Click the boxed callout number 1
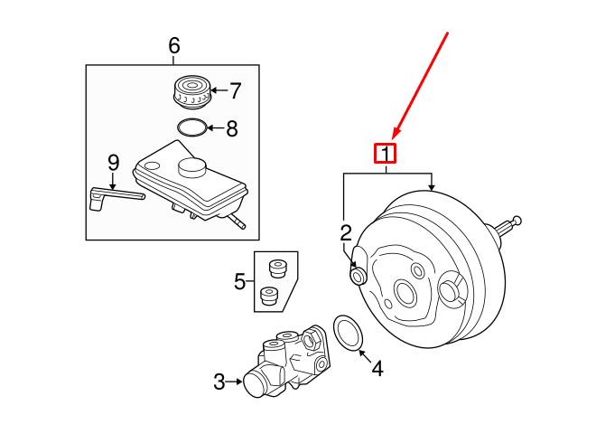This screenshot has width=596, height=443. (x=386, y=154)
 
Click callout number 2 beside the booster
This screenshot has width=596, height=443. (x=345, y=233)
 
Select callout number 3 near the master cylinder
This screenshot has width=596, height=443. (x=219, y=382)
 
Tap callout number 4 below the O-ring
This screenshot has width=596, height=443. (x=377, y=368)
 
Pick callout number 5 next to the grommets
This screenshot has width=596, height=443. (x=240, y=282)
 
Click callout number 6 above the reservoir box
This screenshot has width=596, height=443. (x=174, y=45)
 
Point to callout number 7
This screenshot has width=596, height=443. (x=235, y=90)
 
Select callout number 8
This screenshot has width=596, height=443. (x=232, y=128)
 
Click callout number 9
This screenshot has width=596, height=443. (x=113, y=163)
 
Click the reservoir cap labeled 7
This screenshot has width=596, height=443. (x=191, y=92)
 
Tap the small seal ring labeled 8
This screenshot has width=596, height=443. (x=191, y=127)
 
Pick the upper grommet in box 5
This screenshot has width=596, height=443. (x=277, y=268)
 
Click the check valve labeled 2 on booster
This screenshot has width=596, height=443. (x=358, y=274)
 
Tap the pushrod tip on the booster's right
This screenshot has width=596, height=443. (x=517, y=220)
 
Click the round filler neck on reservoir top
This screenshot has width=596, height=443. (x=194, y=167)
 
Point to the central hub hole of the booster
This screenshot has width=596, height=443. (x=403, y=293)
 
